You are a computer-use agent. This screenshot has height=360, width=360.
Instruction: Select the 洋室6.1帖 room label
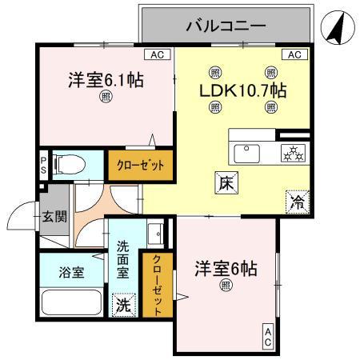pos(106,81)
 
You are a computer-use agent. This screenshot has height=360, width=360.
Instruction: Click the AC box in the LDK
pos(294,55)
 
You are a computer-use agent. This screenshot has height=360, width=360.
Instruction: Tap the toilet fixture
pos(70,165)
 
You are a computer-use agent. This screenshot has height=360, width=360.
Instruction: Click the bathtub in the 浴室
pos(70,305)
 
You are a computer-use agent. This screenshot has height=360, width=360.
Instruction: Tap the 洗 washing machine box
pos(122,305)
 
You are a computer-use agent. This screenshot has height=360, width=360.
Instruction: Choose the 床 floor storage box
pos(225,183)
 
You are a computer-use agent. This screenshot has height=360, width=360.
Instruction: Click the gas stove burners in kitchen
pos(291,152)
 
